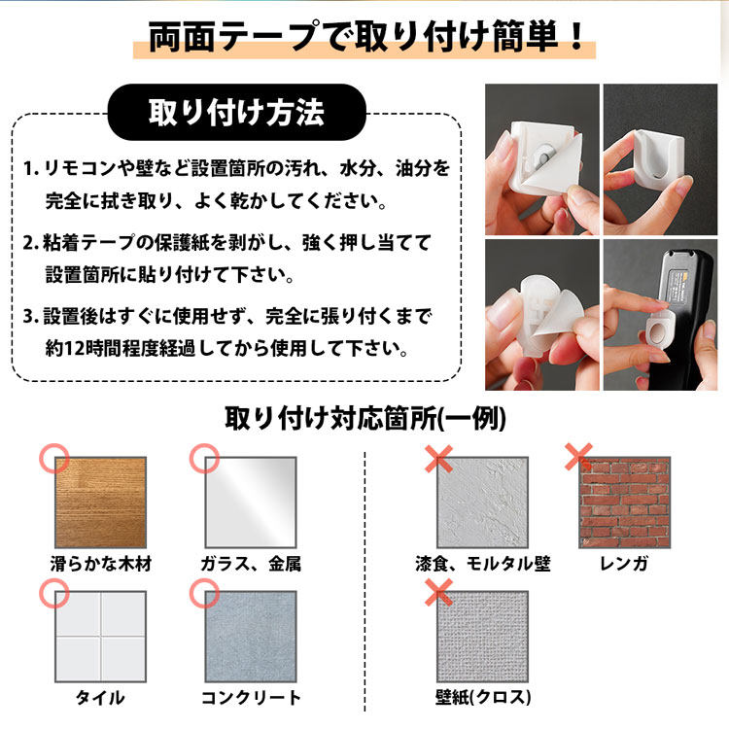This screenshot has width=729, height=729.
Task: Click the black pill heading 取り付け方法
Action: click(x=236, y=112)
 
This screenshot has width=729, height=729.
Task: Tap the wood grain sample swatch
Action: click(x=100, y=503)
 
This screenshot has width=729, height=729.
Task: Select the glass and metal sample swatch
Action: click(x=251, y=503)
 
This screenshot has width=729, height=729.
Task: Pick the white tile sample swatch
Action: click(x=100, y=637)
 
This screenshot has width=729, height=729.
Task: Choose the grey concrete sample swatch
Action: click(x=251, y=637)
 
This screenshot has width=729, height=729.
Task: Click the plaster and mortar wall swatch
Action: click(x=482, y=503)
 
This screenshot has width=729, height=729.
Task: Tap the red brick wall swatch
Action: click(x=624, y=503)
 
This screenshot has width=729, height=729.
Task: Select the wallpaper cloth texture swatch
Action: click(x=482, y=637)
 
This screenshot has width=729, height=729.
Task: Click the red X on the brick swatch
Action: click(x=578, y=457)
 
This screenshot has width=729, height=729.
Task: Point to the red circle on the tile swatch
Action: click(x=53, y=593)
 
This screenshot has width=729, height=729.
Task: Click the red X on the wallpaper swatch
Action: click(x=439, y=592)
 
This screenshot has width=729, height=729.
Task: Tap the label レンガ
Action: click(x=624, y=564)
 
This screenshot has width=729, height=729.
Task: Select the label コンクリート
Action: click(x=251, y=697)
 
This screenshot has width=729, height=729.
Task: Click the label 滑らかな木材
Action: click(x=101, y=564)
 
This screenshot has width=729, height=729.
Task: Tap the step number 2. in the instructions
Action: click(x=31, y=243)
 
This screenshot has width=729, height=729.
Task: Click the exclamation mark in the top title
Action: click(x=577, y=37)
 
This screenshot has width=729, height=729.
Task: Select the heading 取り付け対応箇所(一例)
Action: click(x=364, y=418)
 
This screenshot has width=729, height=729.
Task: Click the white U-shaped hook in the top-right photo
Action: click(x=658, y=156)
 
